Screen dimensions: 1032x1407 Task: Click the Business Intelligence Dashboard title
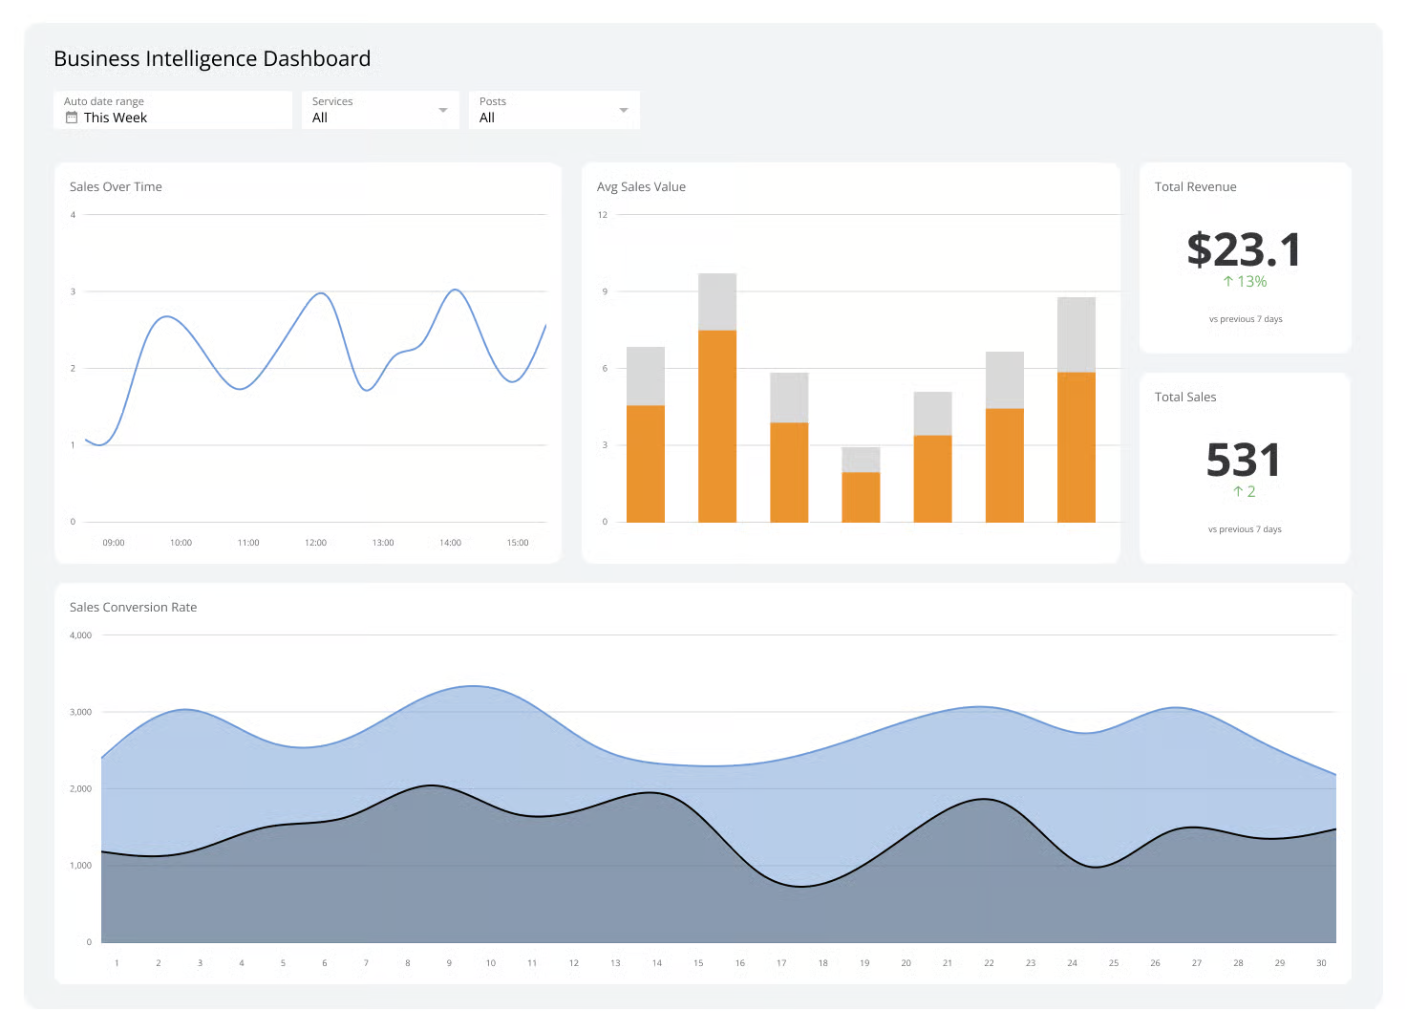(x=212, y=59)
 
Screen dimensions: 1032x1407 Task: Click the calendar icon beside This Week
(x=72, y=118)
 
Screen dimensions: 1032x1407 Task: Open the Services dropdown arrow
(x=442, y=111)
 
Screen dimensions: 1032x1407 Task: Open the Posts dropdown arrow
(x=624, y=111)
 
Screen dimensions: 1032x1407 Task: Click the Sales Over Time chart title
(x=116, y=187)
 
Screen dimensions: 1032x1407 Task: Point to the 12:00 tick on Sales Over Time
(x=315, y=543)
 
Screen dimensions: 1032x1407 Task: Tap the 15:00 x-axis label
(x=517, y=543)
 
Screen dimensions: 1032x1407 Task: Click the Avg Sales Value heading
(x=641, y=187)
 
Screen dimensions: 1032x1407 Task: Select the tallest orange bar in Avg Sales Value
(x=716, y=425)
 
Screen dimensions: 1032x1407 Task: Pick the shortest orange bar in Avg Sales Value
(x=861, y=497)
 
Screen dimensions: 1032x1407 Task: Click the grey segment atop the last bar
(x=1076, y=334)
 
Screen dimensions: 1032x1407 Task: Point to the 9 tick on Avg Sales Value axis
(x=604, y=291)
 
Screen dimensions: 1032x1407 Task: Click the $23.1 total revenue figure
(x=1244, y=250)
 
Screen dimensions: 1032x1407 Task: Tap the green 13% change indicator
(x=1245, y=282)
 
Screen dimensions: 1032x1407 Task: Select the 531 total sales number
(x=1243, y=461)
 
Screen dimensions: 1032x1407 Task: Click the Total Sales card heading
(x=1185, y=398)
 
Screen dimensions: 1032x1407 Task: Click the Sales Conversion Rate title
(x=133, y=608)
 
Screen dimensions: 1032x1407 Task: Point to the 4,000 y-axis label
(x=81, y=635)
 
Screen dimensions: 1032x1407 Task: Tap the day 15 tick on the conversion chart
(x=698, y=963)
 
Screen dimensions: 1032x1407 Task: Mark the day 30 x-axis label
(x=1321, y=963)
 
